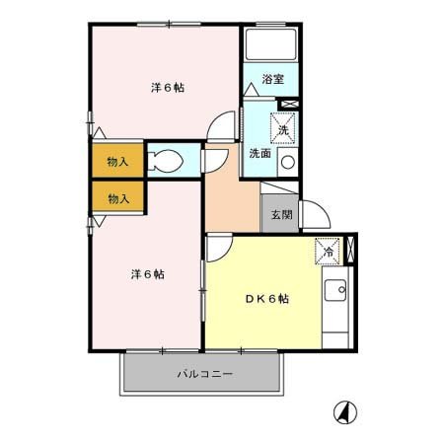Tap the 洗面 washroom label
tap(259, 153)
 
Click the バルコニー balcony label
tap(204, 375)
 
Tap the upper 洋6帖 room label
tap(168, 88)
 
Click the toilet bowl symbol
tap(168, 161)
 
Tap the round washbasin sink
tap(287, 163)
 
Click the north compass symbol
tap(345, 410)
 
